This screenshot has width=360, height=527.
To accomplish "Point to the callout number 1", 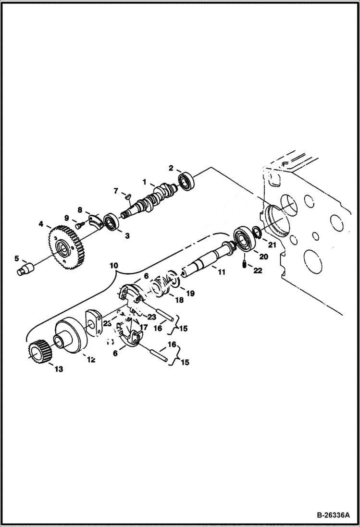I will tap(144, 182).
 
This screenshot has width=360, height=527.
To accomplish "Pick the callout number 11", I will tap(221, 272).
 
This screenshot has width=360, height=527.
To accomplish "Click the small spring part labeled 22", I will tap(245, 264).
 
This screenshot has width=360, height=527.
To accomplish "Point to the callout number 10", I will tap(113, 265).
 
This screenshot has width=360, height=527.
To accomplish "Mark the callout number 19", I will tap(190, 293).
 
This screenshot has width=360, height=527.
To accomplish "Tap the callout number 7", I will tap(115, 191).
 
